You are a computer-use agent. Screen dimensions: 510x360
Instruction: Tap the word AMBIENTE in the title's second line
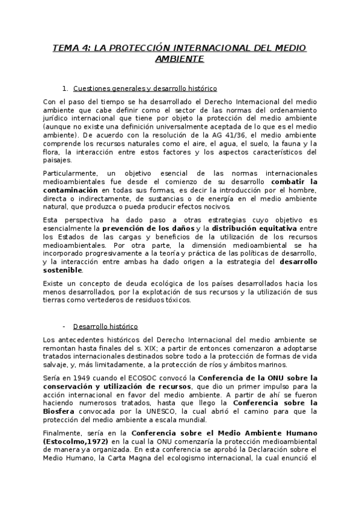tap(179, 59)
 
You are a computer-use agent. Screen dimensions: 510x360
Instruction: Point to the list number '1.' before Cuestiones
tap(66, 88)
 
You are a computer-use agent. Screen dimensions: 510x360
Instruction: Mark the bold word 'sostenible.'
tap(63, 270)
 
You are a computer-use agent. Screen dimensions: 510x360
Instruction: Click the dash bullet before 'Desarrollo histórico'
tap(64, 327)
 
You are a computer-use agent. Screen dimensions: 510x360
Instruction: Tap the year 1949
tap(81, 378)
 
